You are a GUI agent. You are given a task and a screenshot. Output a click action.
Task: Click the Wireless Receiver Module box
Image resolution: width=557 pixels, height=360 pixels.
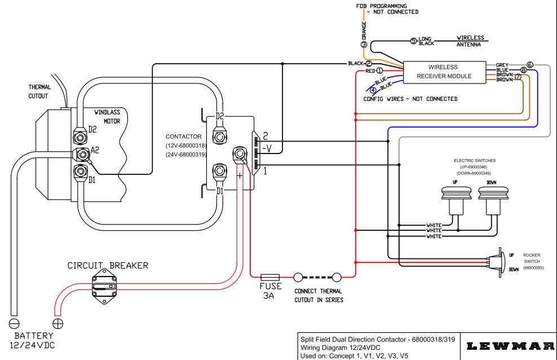[x=444, y=72]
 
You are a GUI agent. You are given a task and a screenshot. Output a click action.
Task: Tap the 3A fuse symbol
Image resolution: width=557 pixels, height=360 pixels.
[x=270, y=278]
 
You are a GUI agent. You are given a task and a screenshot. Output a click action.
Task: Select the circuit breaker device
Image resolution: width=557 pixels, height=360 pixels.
[x=107, y=286]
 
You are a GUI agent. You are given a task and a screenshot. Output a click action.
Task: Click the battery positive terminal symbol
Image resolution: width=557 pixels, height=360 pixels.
[x=58, y=324]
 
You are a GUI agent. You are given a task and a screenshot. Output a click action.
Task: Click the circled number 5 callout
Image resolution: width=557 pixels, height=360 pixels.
[x=413, y=41]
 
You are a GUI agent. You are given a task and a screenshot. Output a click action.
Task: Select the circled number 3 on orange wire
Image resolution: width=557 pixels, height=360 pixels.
[x=364, y=45]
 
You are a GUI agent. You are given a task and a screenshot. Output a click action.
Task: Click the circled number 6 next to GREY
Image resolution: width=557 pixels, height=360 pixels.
[x=530, y=65]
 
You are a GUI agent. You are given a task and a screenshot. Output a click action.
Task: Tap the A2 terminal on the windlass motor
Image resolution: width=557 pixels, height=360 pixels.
[x=80, y=154]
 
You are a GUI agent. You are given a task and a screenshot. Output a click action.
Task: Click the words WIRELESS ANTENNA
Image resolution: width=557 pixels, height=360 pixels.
[x=470, y=41]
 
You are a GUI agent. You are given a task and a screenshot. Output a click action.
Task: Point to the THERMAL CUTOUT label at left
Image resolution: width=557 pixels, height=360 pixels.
[x=40, y=92]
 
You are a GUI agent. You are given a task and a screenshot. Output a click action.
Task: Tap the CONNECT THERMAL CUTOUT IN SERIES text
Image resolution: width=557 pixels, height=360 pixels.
[x=319, y=296]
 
